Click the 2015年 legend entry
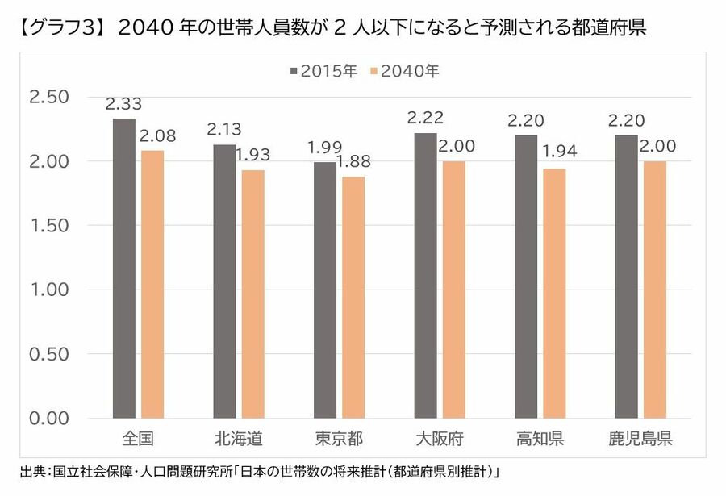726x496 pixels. pyautogui.click(x=323, y=71)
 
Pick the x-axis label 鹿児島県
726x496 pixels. pyautogui.click(x=640, y=440)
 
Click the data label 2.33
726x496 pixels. pyautogui.click(x=123, y=104)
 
